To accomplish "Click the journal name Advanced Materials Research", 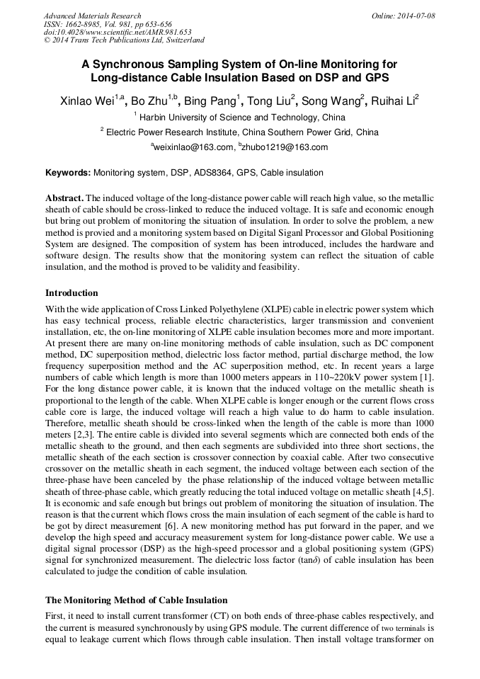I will (x=92, y=16).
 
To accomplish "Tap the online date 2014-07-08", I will (x=416, y=16).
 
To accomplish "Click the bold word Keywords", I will (x=68, y=173).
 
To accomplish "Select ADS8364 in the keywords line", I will (x=212, y=173).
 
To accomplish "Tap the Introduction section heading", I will (x=72, y=292).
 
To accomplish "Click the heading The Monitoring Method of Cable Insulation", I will (x=136, y=600).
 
